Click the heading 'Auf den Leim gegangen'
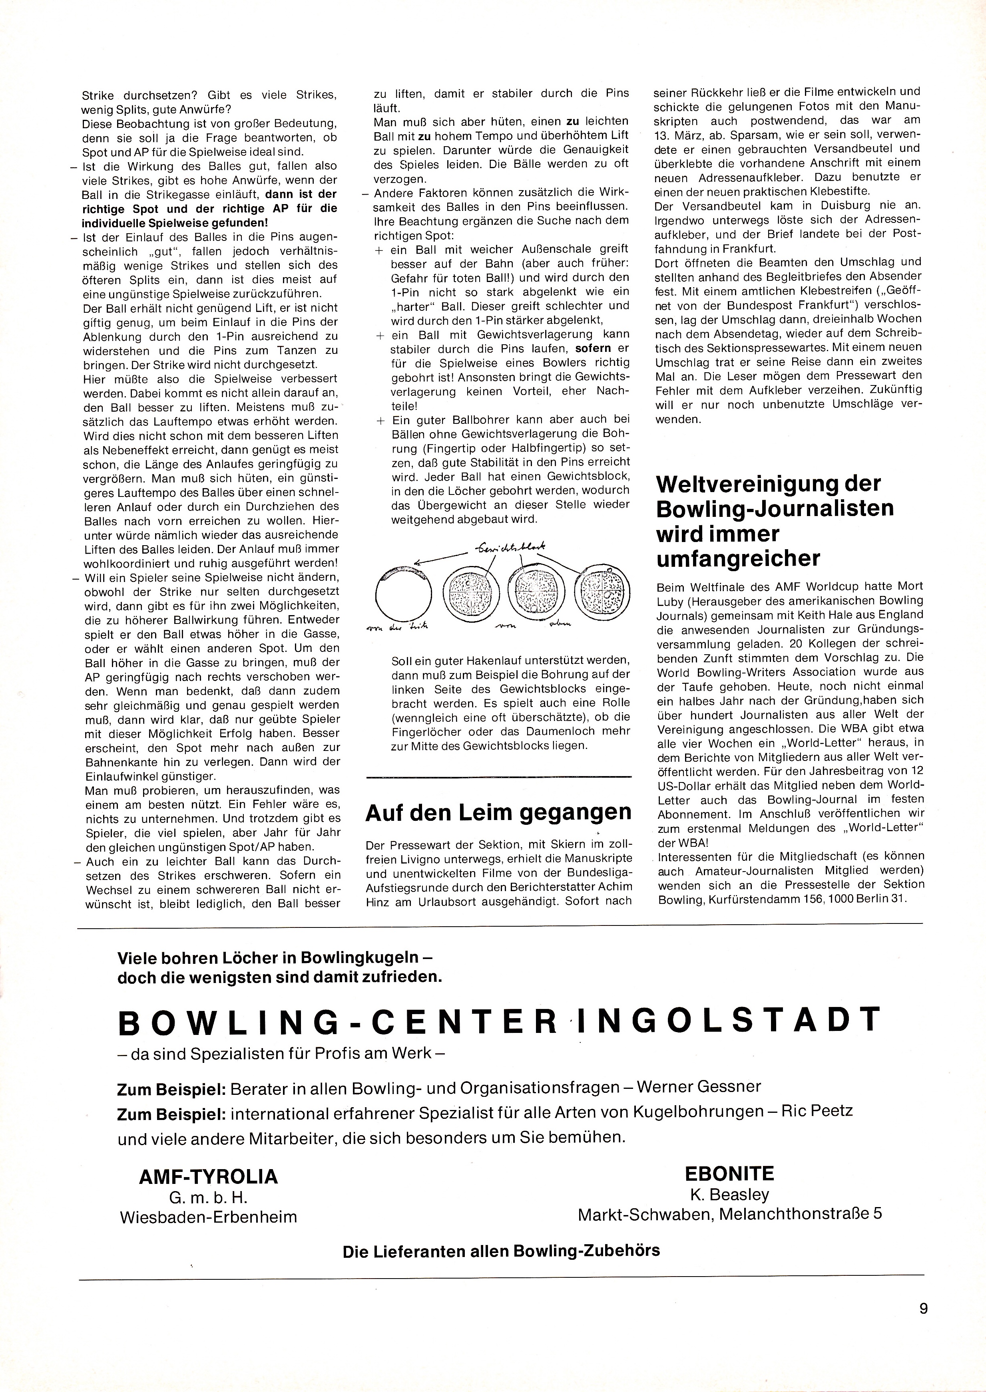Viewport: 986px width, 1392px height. click(x=498, y=812)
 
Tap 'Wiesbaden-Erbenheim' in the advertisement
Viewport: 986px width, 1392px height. click(x=208, y=1217)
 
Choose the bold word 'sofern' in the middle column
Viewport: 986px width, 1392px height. click(x=594, y=348)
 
